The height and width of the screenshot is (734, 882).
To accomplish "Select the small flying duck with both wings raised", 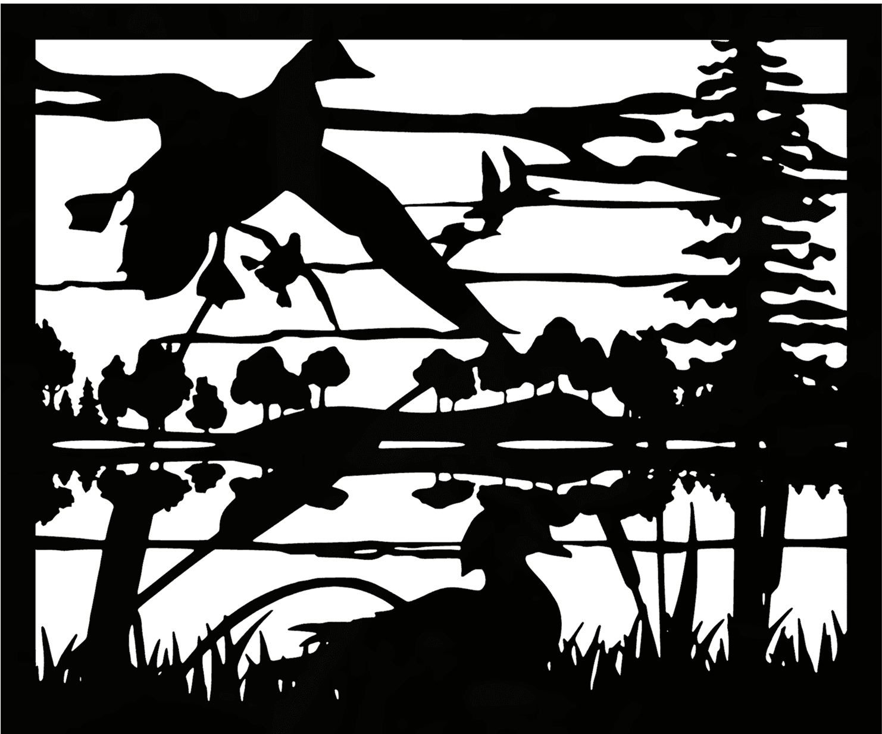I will (x=500, y=178).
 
